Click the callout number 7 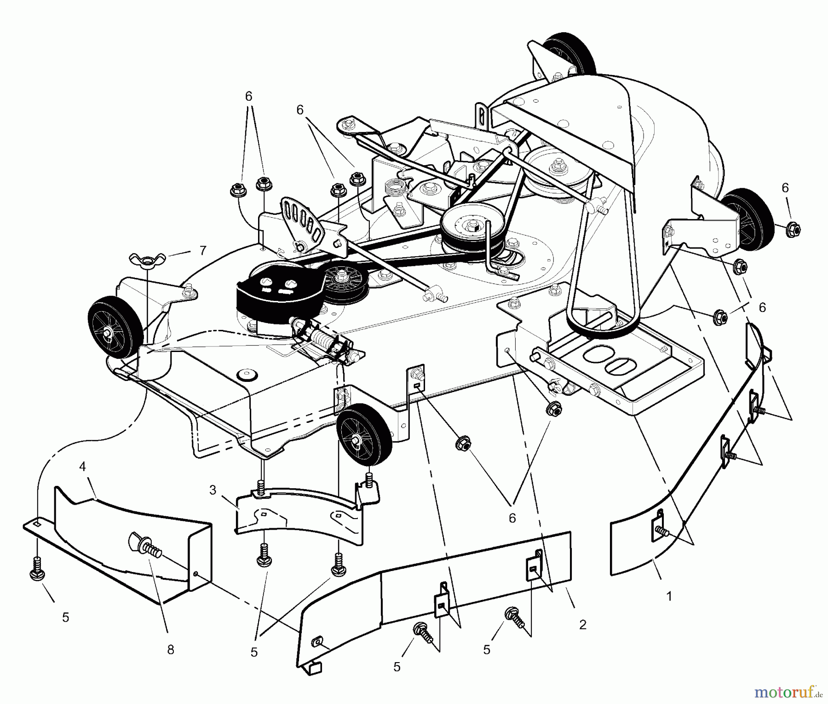pyautogui.click(x=203, y=250)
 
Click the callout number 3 pyautogui.click(x=213, y=490)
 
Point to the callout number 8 pyautogui.click(x=171, y=650)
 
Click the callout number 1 pyautogui.click(x=669, y=596)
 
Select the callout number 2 pyautogui.click(x=583, y=625)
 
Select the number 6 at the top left pyautogui.click(x=248, y=97)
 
